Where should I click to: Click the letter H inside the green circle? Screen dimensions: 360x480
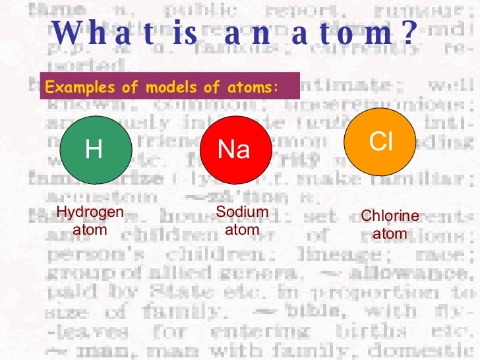(94, 150)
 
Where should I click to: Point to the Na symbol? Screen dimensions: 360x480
(234, 150)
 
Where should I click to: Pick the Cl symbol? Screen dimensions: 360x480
(380, 140)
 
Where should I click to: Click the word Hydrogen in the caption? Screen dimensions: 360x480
(90, 212)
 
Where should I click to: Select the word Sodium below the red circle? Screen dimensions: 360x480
(242, 212)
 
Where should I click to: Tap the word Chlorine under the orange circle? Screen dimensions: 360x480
(390, 216)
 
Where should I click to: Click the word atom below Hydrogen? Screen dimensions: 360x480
(90, 230)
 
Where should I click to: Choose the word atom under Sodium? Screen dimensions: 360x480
(242, 230)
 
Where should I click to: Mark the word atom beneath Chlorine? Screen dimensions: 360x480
(390, 234)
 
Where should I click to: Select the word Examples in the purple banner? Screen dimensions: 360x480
(71, 88)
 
